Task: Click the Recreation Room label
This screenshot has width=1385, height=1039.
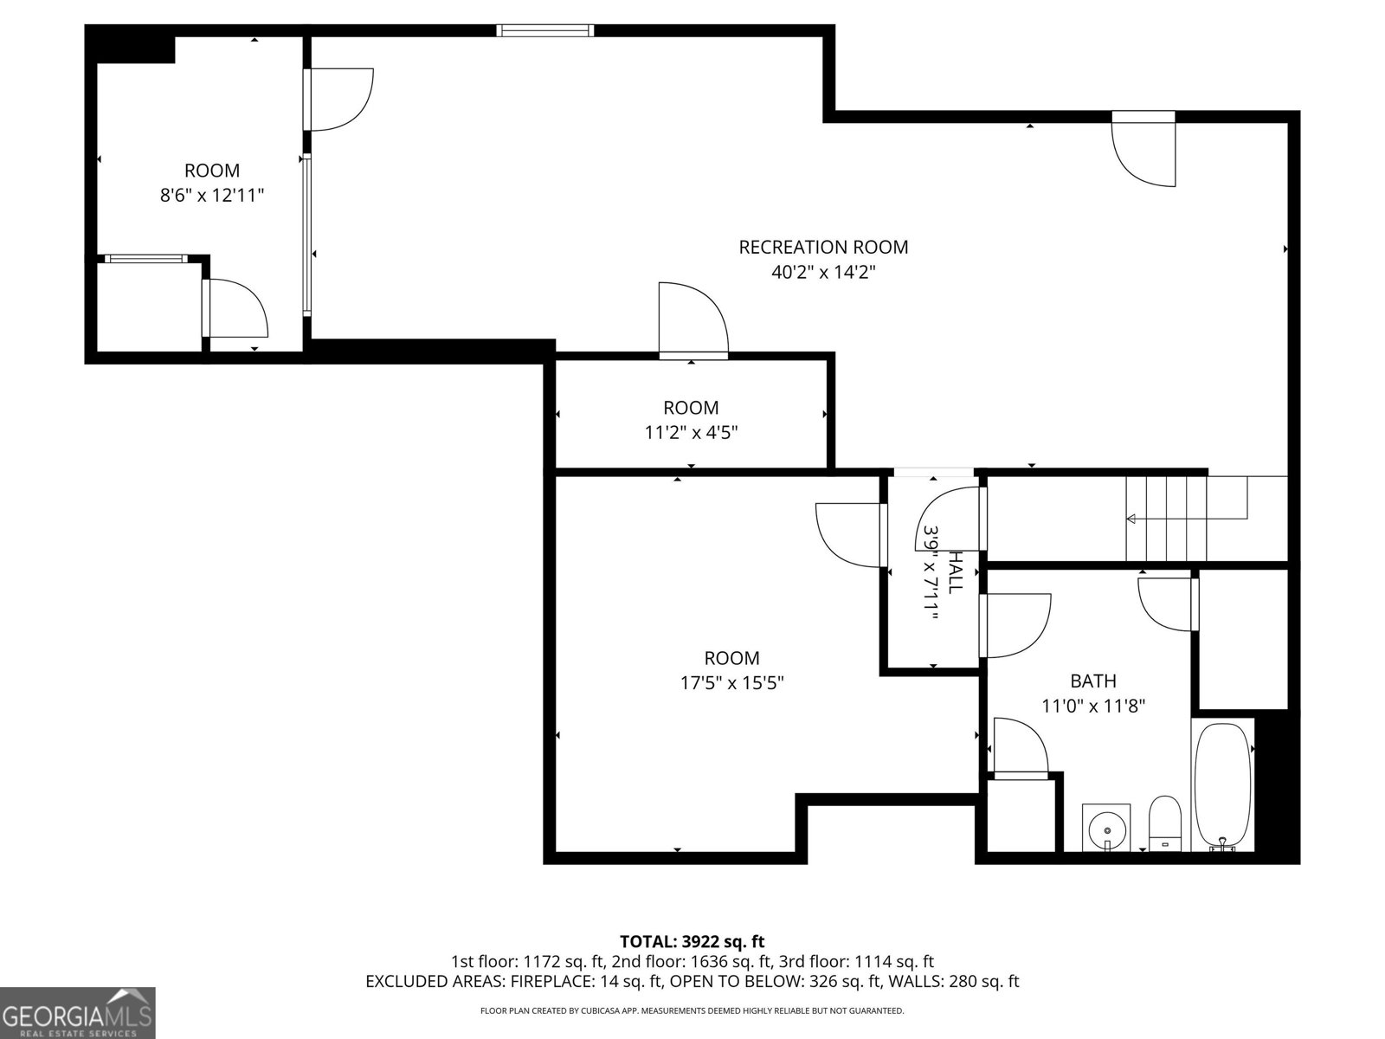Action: click(x=823, y=247)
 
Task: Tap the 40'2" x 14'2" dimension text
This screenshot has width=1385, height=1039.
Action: click(x=823, y=272)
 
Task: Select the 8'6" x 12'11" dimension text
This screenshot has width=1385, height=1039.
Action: click(x=211, y=195)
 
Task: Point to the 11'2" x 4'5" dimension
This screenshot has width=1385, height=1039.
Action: click(x=691, y=433)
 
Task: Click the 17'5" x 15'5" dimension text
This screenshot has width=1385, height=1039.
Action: click(x=732, y=682)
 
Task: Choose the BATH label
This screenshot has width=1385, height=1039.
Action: click(x=1093, y=681)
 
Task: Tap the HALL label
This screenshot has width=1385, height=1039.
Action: click(x=956, y=571)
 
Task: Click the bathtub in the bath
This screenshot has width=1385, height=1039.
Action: click(x=1222, y=787)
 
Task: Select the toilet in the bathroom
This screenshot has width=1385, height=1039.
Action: click(x=1165, y=823)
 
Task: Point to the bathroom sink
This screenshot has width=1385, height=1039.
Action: click(x=1106, y=827)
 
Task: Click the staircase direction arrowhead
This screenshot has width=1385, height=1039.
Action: click(x=1131, y=519)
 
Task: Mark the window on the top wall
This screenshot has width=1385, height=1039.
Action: click(x=545, y=30)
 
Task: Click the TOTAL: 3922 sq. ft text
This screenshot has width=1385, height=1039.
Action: click(x=692, y=942)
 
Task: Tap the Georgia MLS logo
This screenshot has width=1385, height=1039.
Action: click(x=78, y=1012)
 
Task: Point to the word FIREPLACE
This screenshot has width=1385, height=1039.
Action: click(x=551, y=981)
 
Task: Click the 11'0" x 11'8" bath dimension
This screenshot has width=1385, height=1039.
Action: click(x=1093, y=706)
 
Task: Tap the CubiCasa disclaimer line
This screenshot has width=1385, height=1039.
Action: click(x=692, y=1010)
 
